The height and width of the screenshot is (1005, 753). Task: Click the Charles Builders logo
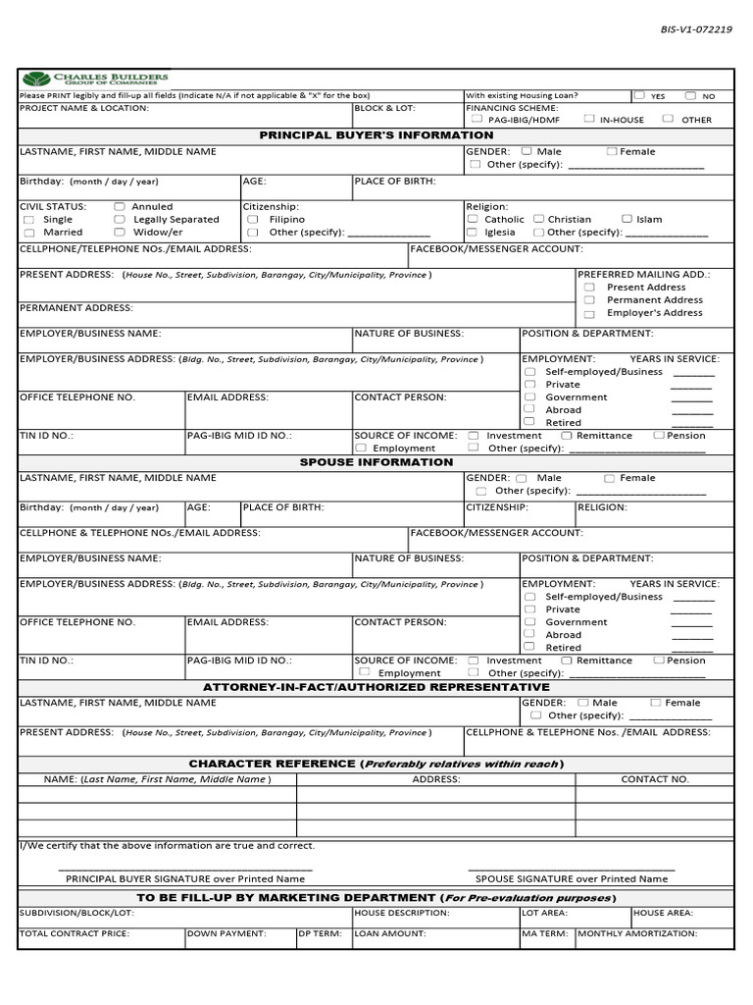click(95, 79)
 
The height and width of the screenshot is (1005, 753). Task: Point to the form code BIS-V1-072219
click(696, 29)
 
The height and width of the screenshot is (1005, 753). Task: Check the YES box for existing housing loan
click(639, 96)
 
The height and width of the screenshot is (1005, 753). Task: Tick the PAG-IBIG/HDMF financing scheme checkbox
click(477, 119)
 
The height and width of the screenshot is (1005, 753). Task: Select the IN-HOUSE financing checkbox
click(588, 119)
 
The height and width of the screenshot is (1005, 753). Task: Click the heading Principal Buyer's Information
click(376, 135)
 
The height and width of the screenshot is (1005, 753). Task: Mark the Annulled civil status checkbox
click(120, 207)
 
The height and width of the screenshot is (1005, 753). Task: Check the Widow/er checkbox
click(120, 233)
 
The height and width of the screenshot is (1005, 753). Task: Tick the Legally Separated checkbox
click(120, 220)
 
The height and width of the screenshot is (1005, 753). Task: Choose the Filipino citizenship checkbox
click(253, 220)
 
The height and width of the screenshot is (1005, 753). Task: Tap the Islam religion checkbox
click(627, 220)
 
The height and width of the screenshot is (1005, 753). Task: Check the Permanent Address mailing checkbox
click(589, 300)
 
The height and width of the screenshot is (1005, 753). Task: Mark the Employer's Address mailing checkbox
click(589, 314)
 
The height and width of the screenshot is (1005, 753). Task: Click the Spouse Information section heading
click(376, 462)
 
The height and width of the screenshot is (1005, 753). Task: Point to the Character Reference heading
click(376, 765)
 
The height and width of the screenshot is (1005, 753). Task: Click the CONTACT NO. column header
click(655, 779)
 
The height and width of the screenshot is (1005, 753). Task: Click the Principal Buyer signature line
click(185, 869)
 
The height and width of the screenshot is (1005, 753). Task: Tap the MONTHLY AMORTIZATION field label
click(637, 934)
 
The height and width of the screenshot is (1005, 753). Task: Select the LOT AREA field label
click(546, 913)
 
